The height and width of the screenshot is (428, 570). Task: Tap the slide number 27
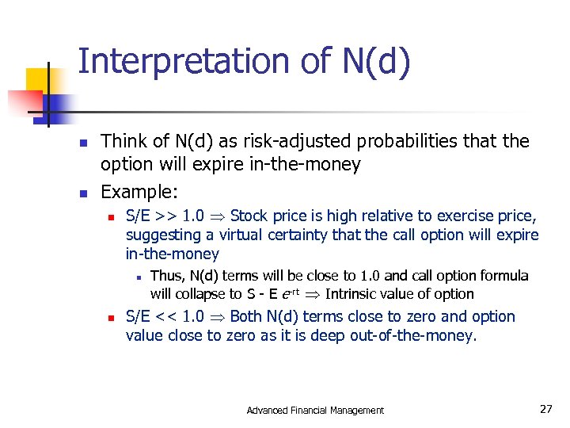coord(545,409)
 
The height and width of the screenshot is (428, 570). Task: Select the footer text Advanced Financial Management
coord(315,410)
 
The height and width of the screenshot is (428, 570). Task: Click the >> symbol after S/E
coord(166,216)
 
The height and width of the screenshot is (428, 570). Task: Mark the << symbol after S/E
coord(166,316)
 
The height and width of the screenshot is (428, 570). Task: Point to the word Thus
coord(166,276)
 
